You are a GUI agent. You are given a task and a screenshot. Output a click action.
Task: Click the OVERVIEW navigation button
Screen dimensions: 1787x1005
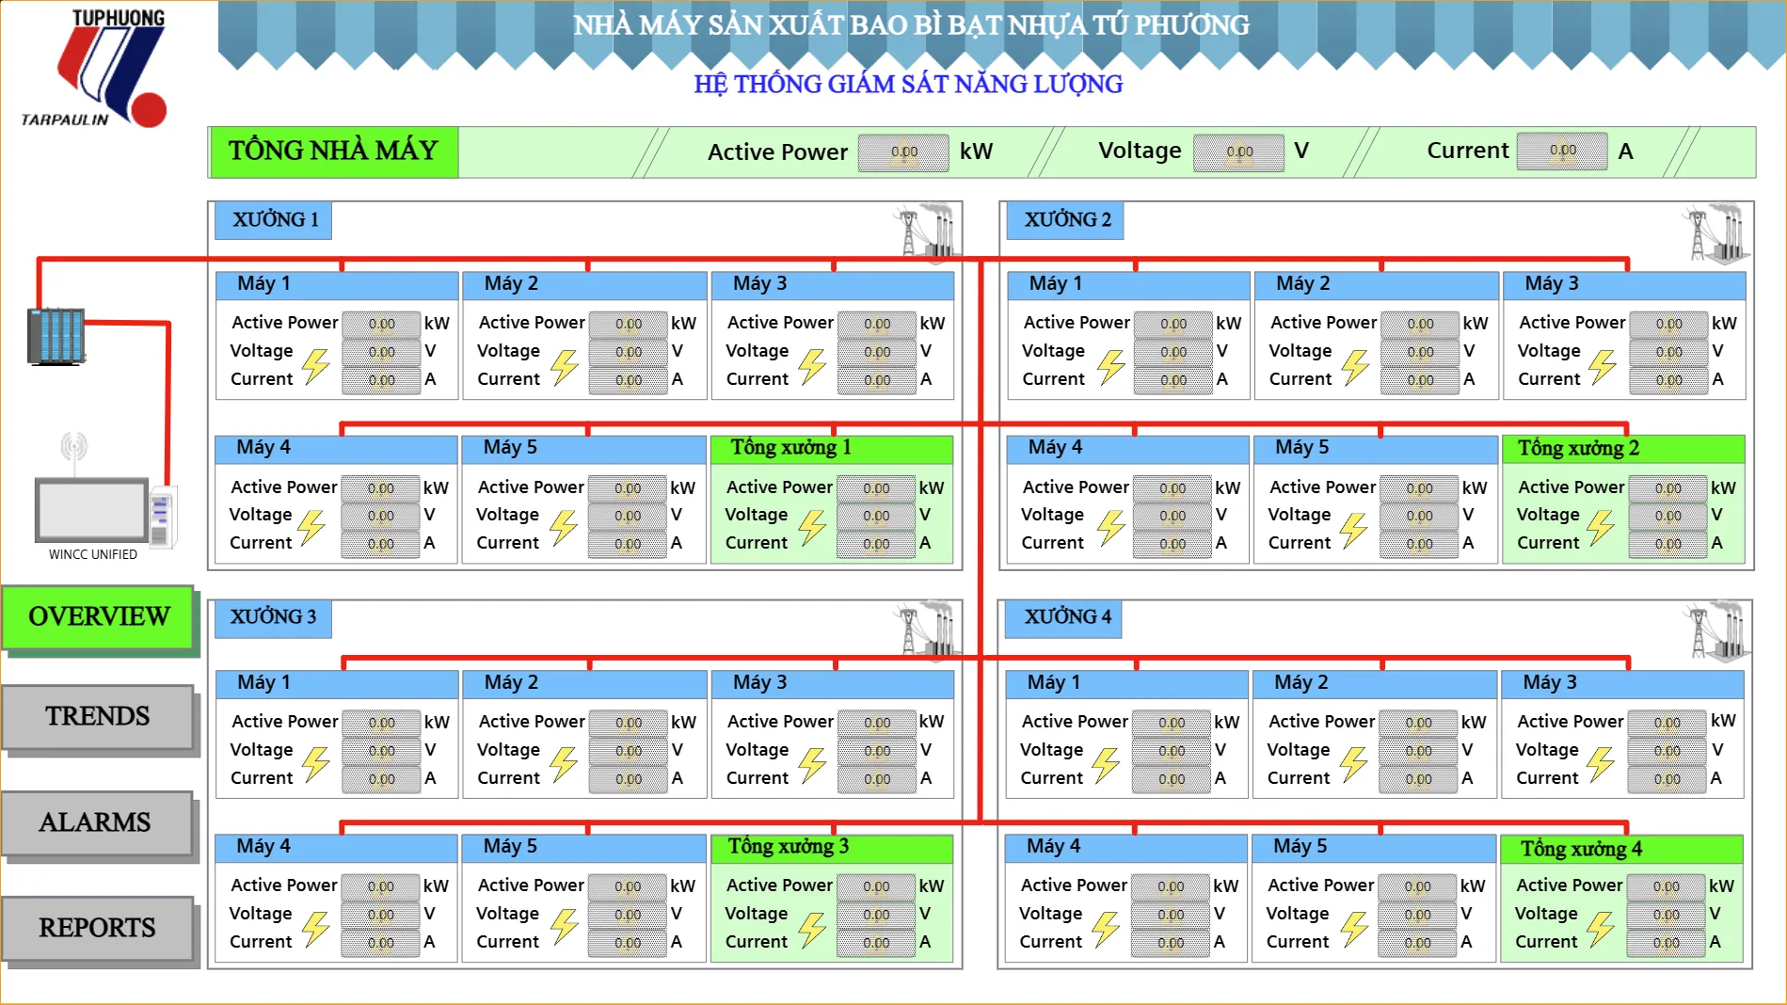(x=99, y=617)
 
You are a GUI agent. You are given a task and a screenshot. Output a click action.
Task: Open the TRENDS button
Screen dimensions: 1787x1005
(x=98, y=717)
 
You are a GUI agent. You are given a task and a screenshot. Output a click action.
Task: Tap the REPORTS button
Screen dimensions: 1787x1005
(x=98, y=928)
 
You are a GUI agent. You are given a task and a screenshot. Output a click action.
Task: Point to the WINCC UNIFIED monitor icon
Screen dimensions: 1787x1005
(x=92, y=509)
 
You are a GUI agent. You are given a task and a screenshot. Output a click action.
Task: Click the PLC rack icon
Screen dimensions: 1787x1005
(x=56, y=336)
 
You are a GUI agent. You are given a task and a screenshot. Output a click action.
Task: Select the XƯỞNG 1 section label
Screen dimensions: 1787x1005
(x=274, y=220)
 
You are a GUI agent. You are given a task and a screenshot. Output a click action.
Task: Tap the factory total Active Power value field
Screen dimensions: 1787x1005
(x=903, y=152)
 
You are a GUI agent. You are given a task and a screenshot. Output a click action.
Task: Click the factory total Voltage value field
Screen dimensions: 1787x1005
(x=1238, y=152)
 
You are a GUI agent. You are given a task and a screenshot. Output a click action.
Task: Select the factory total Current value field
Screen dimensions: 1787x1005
(x=1562, y=151)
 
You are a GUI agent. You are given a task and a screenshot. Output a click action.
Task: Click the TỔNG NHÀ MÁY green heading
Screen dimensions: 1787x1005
(x=334, y=152)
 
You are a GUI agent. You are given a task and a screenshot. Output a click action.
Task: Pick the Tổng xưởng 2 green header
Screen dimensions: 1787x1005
(x=1624, y=449)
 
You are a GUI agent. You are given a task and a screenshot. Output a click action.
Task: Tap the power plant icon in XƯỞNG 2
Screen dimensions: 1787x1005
(x=1715, y=233)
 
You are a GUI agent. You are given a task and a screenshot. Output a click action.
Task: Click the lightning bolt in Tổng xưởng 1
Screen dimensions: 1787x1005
(x=812, y=529)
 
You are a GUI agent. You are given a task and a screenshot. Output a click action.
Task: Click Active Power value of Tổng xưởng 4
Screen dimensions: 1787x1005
(x=1666, y=886)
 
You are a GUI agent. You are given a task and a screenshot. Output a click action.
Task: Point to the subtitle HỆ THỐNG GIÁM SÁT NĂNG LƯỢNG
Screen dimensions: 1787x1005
(x=908, y=85)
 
